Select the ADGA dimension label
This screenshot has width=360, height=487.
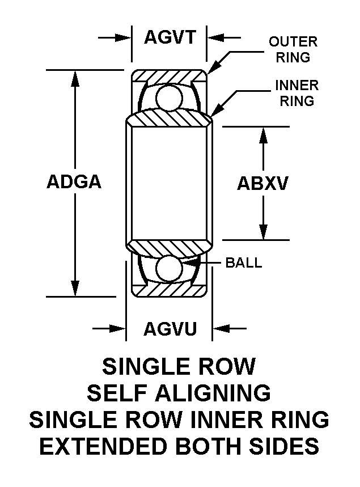(74, 183)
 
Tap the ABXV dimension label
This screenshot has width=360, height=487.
(263, 183)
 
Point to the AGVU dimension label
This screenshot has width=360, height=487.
(170, 328)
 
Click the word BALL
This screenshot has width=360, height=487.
(244, 263)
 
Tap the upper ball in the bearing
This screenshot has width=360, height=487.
(169, 96)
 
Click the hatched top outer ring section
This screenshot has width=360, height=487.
(169, 77)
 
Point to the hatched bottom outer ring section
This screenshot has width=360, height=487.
(169, 289)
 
